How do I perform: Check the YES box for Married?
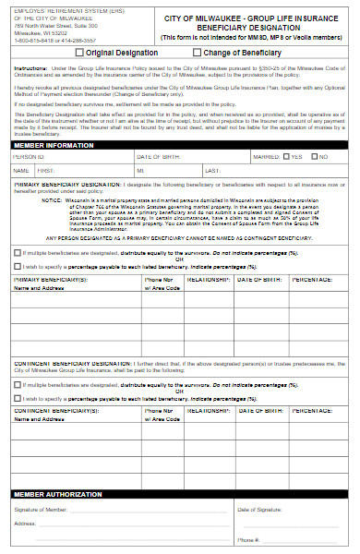point(287,157)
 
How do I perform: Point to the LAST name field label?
point(212,171)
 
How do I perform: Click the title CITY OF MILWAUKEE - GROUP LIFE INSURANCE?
point(250,18)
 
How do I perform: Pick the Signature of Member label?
point(40,510)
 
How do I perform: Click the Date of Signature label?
point(261,510)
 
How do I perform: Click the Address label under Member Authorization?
point(25,524)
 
